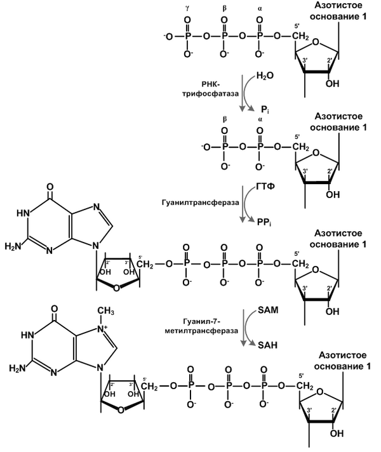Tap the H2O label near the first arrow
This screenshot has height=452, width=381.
(x=265, y=76)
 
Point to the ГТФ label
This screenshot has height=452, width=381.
(x=265, y=189)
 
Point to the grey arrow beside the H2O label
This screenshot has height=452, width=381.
(x=244, y=93)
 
